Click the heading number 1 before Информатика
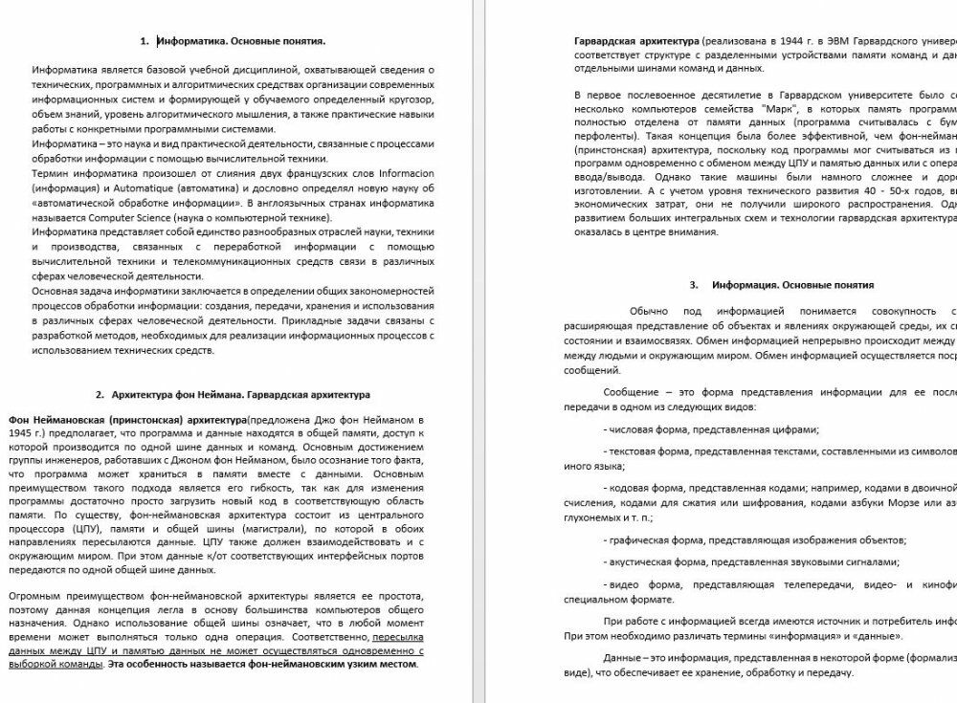[144, 41]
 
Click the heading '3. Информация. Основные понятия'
[780, 285]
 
